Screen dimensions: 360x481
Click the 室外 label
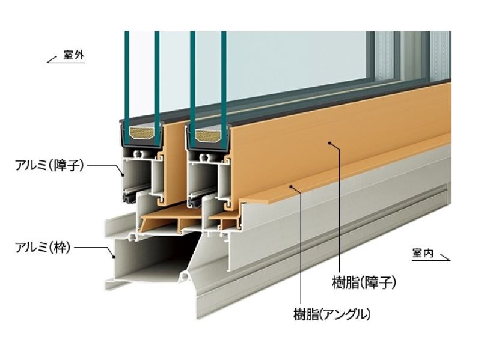[x=75, y=56]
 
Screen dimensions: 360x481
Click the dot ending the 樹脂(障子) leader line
[x=329, y=142]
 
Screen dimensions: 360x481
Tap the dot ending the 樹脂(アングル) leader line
[x=292, y=187]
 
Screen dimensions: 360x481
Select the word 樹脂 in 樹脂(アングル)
[x=305, y=313]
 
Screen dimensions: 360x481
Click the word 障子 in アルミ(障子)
[x=66, y=165]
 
